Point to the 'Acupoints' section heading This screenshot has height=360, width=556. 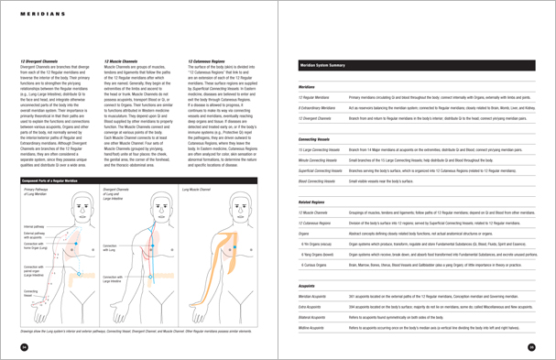click(x=311, y=285)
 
